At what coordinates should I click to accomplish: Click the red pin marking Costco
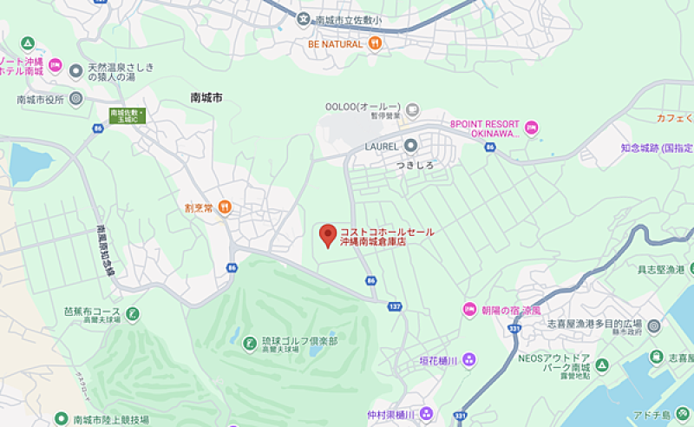click(x=327, y=235)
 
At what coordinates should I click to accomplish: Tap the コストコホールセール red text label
click(x=386, y=232)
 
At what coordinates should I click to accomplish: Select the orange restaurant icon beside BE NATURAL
click(x=375, y=43)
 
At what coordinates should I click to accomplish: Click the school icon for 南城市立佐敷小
click(x=304, y=19)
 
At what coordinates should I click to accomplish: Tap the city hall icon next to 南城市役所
click(x=75, y=99)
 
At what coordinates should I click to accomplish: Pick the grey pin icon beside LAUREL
click(x=410, y=145)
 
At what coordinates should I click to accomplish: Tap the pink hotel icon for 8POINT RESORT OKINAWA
click(x=533, y=128)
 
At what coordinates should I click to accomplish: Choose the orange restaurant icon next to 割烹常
click(x=225, y=207)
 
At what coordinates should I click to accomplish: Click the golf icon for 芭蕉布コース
click(x=132, y=313)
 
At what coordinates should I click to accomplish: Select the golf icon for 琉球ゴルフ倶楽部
click(x=249, y=341)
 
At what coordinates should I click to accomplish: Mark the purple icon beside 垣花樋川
click(x=468, y=359)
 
